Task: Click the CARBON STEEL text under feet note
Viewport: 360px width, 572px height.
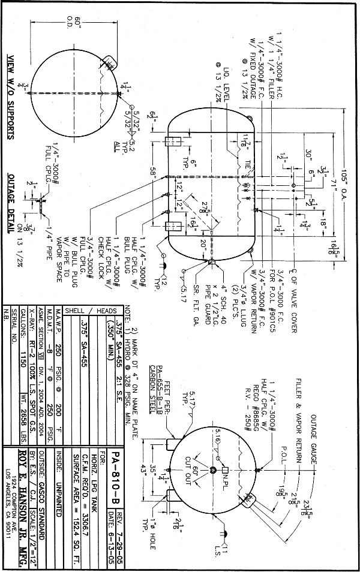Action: coord(148,380)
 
